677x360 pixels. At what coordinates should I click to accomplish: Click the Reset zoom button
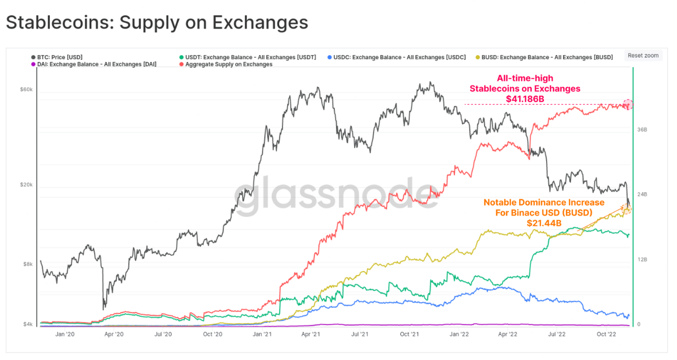click(643, 56)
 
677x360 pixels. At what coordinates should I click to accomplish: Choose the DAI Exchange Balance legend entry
click(96, 64)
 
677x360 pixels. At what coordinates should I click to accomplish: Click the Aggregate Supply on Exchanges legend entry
click(228, 64)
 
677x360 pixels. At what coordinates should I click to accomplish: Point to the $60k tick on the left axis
click(26, 90)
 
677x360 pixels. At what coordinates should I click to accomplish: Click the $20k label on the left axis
click(26, 185)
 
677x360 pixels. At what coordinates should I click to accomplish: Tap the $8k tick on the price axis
click(27, 265)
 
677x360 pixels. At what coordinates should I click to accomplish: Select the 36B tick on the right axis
click(642, 129)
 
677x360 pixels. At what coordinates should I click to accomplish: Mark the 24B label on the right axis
click(642, 194)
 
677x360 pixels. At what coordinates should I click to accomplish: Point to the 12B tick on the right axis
click(642, 259)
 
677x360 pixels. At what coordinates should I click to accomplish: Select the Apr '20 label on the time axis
click(114, 334)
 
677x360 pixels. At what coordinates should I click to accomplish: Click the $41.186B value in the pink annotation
click(525, 99)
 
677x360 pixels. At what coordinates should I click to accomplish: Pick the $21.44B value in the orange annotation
click(544, 223)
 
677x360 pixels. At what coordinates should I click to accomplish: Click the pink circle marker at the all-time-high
click(628, 104)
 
